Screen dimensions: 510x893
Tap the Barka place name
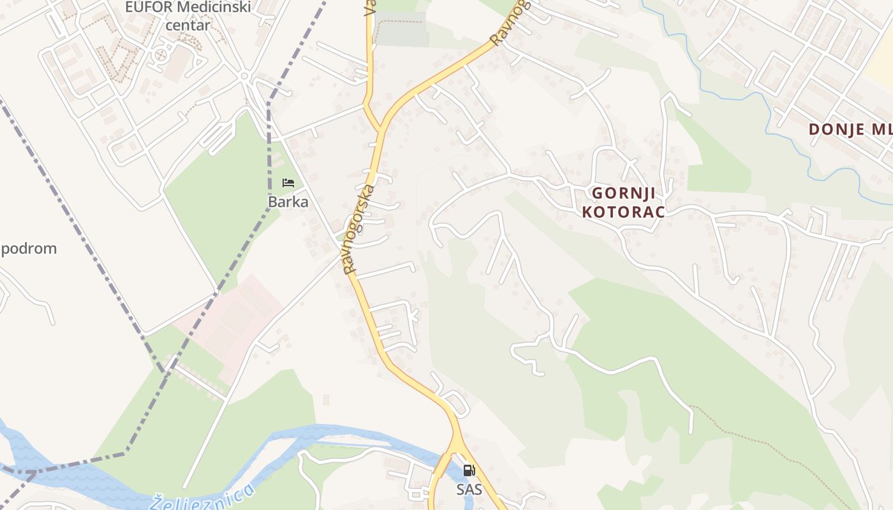click(288, 202)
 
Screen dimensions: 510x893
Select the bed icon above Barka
click(288, 183)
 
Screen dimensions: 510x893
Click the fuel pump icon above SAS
click(469, 470)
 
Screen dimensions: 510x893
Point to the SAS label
click(469, 489)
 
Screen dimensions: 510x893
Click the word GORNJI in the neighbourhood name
click(623, 193)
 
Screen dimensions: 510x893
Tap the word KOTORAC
click(623, 212)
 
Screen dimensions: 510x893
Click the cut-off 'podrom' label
click(29, 249)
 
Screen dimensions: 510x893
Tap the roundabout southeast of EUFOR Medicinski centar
click(244, 76)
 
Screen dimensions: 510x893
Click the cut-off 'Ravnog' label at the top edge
click(511, 22)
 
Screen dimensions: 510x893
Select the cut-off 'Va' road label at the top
click(369, 8)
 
